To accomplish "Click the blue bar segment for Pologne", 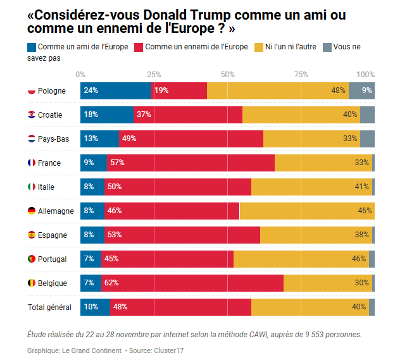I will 116,90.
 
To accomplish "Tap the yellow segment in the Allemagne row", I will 307,211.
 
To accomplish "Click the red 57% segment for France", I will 191,163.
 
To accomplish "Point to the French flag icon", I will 32,163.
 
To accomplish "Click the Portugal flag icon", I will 32,259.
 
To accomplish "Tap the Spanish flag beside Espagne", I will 32,235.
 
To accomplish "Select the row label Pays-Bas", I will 54,139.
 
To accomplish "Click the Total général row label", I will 49,307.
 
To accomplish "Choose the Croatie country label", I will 51,115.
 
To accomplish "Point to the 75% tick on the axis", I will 301,74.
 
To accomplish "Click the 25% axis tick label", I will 154,74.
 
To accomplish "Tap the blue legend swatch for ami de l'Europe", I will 32,47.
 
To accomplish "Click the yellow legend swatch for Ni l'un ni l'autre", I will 258,47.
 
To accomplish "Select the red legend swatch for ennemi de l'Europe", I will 139,47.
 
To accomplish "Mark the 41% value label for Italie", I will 362,187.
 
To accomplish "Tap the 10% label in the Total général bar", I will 91,307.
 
